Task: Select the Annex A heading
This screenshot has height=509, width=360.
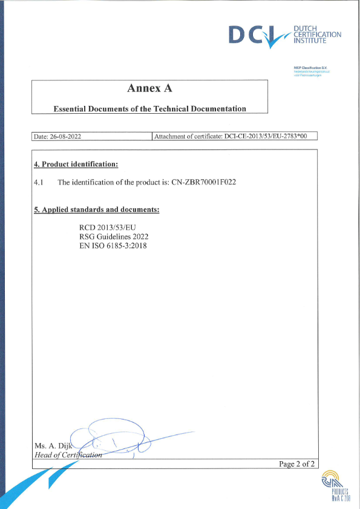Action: coord(150,88)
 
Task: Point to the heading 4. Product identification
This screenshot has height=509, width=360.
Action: coord(76,164)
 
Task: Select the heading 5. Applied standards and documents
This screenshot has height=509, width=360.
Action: coord(97,209)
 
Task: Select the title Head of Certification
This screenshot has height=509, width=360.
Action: coord(68,456)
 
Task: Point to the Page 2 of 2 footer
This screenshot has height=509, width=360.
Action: coord(296,464)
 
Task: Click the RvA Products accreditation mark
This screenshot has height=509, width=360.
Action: coord(334,488)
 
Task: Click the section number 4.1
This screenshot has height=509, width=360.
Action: coord(39,182)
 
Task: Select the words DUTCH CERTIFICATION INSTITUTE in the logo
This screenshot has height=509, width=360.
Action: coord(316,36)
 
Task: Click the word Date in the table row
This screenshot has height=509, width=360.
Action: coord(41,137)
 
